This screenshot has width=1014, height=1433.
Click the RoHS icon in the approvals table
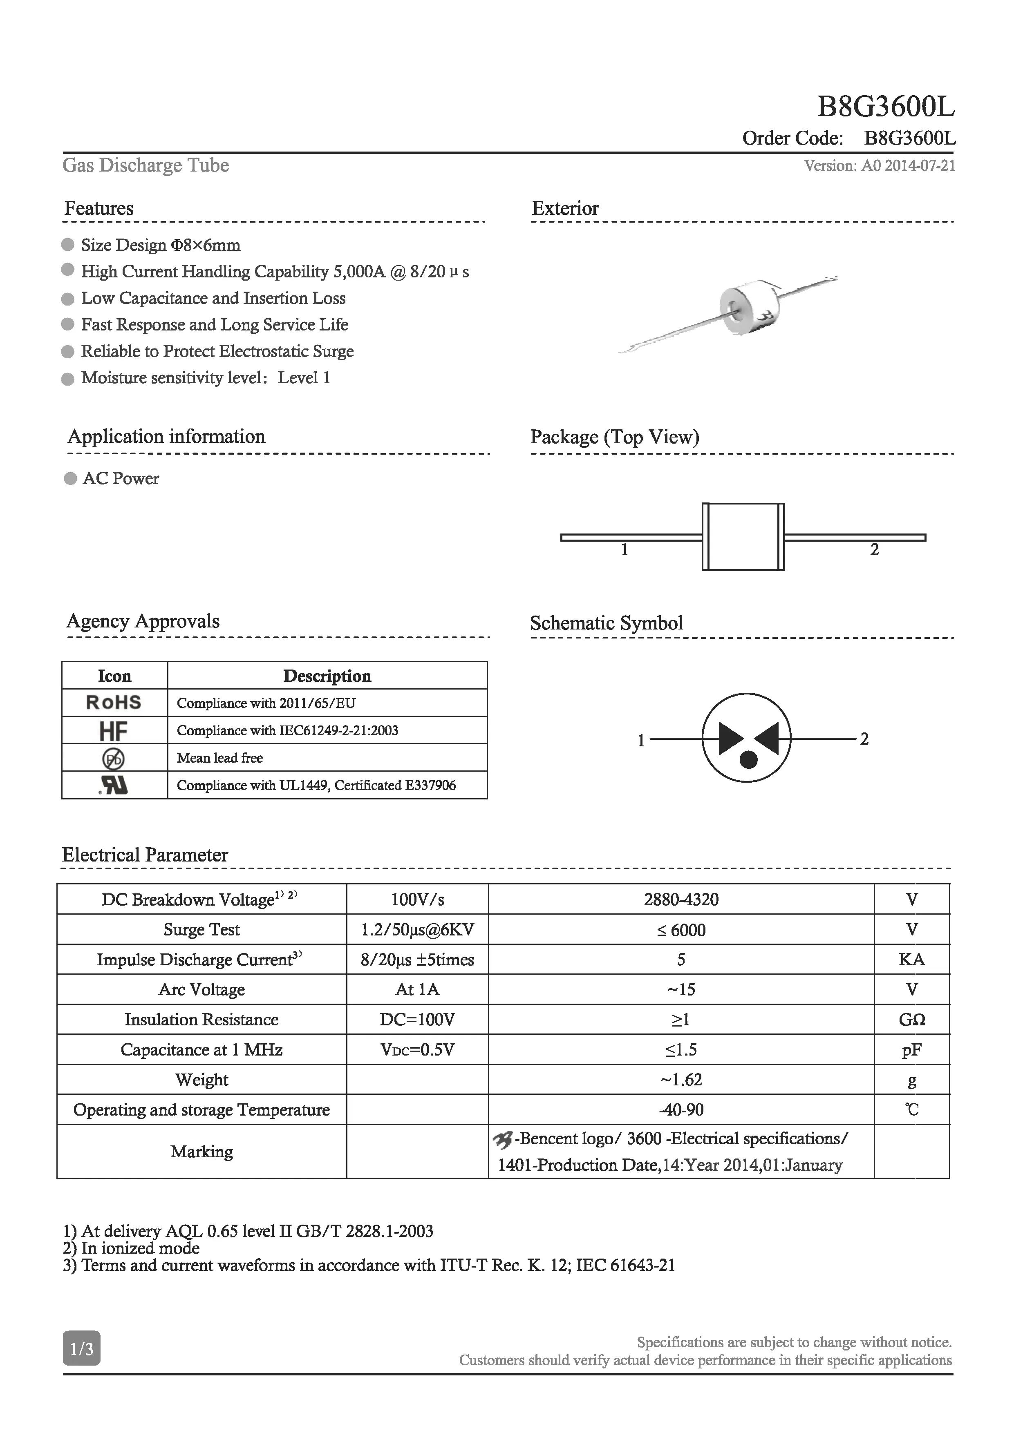click(x=114, y=703)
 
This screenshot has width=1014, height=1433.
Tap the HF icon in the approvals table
click(x=113, y=730)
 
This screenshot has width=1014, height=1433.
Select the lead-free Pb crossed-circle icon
click(x=113, y=758)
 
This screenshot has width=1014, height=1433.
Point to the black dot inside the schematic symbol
click(x=748, y=759)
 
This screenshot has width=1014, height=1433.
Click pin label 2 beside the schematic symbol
click(x=864, y=739)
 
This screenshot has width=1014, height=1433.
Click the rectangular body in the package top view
click(x=743, y=537)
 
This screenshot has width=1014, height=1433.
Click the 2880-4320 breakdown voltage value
click(x=681, y=900)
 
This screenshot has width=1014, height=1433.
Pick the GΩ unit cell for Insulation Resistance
click(x=911, y=1020)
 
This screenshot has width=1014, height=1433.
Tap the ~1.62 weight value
click(x=681, y=1080)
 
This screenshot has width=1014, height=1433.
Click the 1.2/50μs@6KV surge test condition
click(x=417, y=930)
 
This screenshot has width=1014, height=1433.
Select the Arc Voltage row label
click(x=201, y=990)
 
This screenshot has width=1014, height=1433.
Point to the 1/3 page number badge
click(x=81, y=1349)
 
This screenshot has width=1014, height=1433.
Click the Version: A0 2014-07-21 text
click(x=879, y=165)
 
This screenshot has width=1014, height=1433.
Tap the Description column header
click(x=327, y=676)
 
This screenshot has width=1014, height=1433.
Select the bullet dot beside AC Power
click(x=71, y=479)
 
